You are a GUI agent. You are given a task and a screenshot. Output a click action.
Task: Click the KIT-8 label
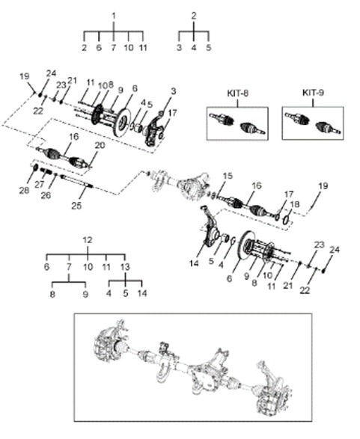pyautogui.click(x=237, y=93)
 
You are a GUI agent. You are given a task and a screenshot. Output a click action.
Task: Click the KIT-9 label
pyautogui.click(x=313, y=93)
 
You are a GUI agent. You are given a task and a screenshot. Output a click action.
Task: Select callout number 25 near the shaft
pyautogui.click(x=76, y=206)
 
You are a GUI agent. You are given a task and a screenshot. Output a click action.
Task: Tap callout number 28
pyautogui.click(x=24, y=191)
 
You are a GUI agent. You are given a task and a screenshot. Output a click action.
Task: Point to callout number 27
pyautogui.click(x=40, y=185)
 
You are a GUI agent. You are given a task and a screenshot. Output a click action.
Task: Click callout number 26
pyautogui.click(x=46, y=195)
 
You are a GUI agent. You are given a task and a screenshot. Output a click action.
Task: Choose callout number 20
pyautogui.click(x=100, y=145)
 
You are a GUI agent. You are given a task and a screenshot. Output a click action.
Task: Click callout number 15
pyautogui.click(x=228, y=176)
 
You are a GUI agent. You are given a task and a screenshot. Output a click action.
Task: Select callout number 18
pyautogui.click(x=294, y=204)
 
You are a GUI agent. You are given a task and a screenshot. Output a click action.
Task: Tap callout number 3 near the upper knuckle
pyautogui.click(x=174, y=91)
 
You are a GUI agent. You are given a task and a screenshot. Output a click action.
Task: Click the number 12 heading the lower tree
pyautogui.click(x=88, y=240)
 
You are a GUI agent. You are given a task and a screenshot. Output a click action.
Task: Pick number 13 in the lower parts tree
pyautogui.click(x=125, y=266)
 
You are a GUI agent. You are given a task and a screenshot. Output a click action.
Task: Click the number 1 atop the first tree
pyautogui.click(x=114, y=16)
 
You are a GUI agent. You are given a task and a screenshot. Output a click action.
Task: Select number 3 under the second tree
pyautogui.click(x=180, y=47)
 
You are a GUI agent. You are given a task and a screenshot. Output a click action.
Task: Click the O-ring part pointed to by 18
pyautogui.click(x=285, y=219)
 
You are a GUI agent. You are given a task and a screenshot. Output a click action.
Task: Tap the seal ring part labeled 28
pyautogui.click(x=36, y=168)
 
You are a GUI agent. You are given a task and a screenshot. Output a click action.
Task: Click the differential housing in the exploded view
pyautogui.click(x=194, y=185)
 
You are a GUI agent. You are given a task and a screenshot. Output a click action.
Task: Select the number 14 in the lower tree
pyautogui.click(x=142, y=293)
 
